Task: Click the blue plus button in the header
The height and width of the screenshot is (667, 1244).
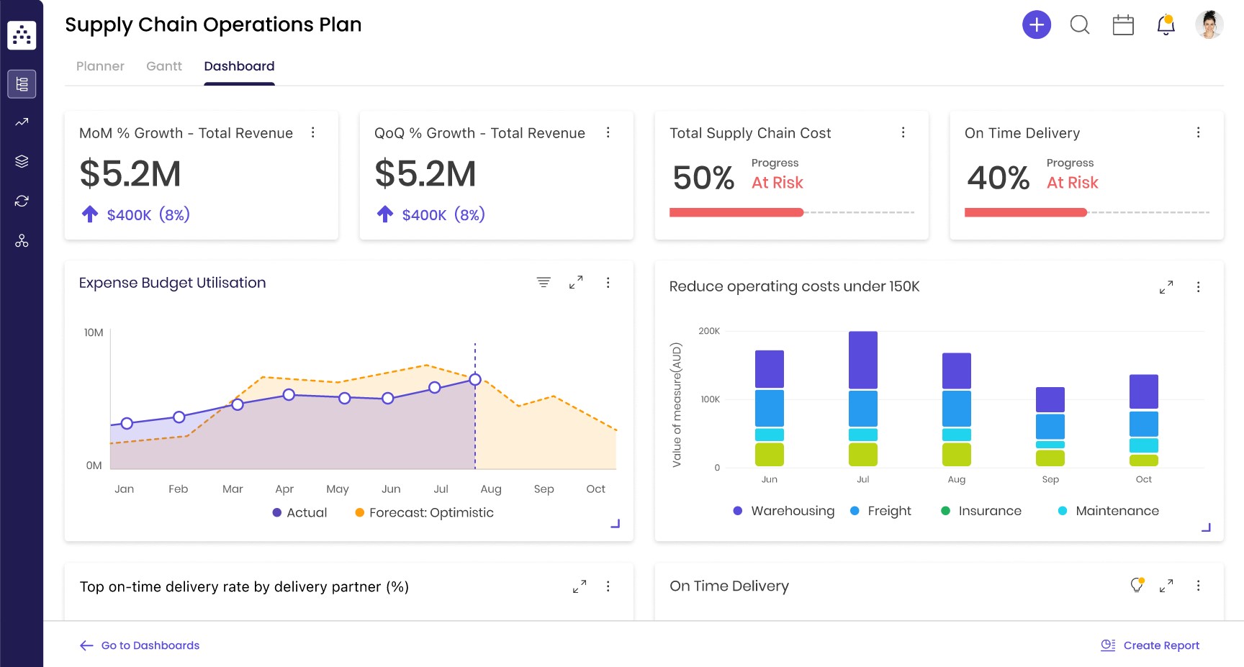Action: (x=1036, y=25)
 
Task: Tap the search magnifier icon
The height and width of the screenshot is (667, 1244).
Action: (x=1079, y=25)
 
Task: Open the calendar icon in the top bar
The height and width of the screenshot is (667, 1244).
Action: (x=1122, y=25)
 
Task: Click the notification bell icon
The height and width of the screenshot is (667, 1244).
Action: (x=1166, y=25)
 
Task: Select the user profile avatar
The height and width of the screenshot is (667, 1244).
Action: (x=1209, y=25)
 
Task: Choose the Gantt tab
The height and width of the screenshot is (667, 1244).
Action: (x=164, y=66)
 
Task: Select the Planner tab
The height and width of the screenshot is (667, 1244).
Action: (x=100, y=66)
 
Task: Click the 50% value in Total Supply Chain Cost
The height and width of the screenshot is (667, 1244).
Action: (x=703, y=178)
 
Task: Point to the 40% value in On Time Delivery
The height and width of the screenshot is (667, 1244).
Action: (x=998, y=178)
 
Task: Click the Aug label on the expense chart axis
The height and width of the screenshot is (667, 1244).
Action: (x=491, y=489)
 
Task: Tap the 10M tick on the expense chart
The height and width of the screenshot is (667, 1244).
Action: (x=94, y=332)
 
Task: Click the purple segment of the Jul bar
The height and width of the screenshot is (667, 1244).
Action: (x=862, y=360)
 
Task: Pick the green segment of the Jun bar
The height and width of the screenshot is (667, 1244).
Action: (x=769, y=455)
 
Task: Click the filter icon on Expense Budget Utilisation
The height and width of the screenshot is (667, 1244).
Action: (x=544, y=282)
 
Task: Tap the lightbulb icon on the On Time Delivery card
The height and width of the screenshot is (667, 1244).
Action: (x=1137, y=585)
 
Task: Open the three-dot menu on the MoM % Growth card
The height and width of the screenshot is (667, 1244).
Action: (x=312, y=132)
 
